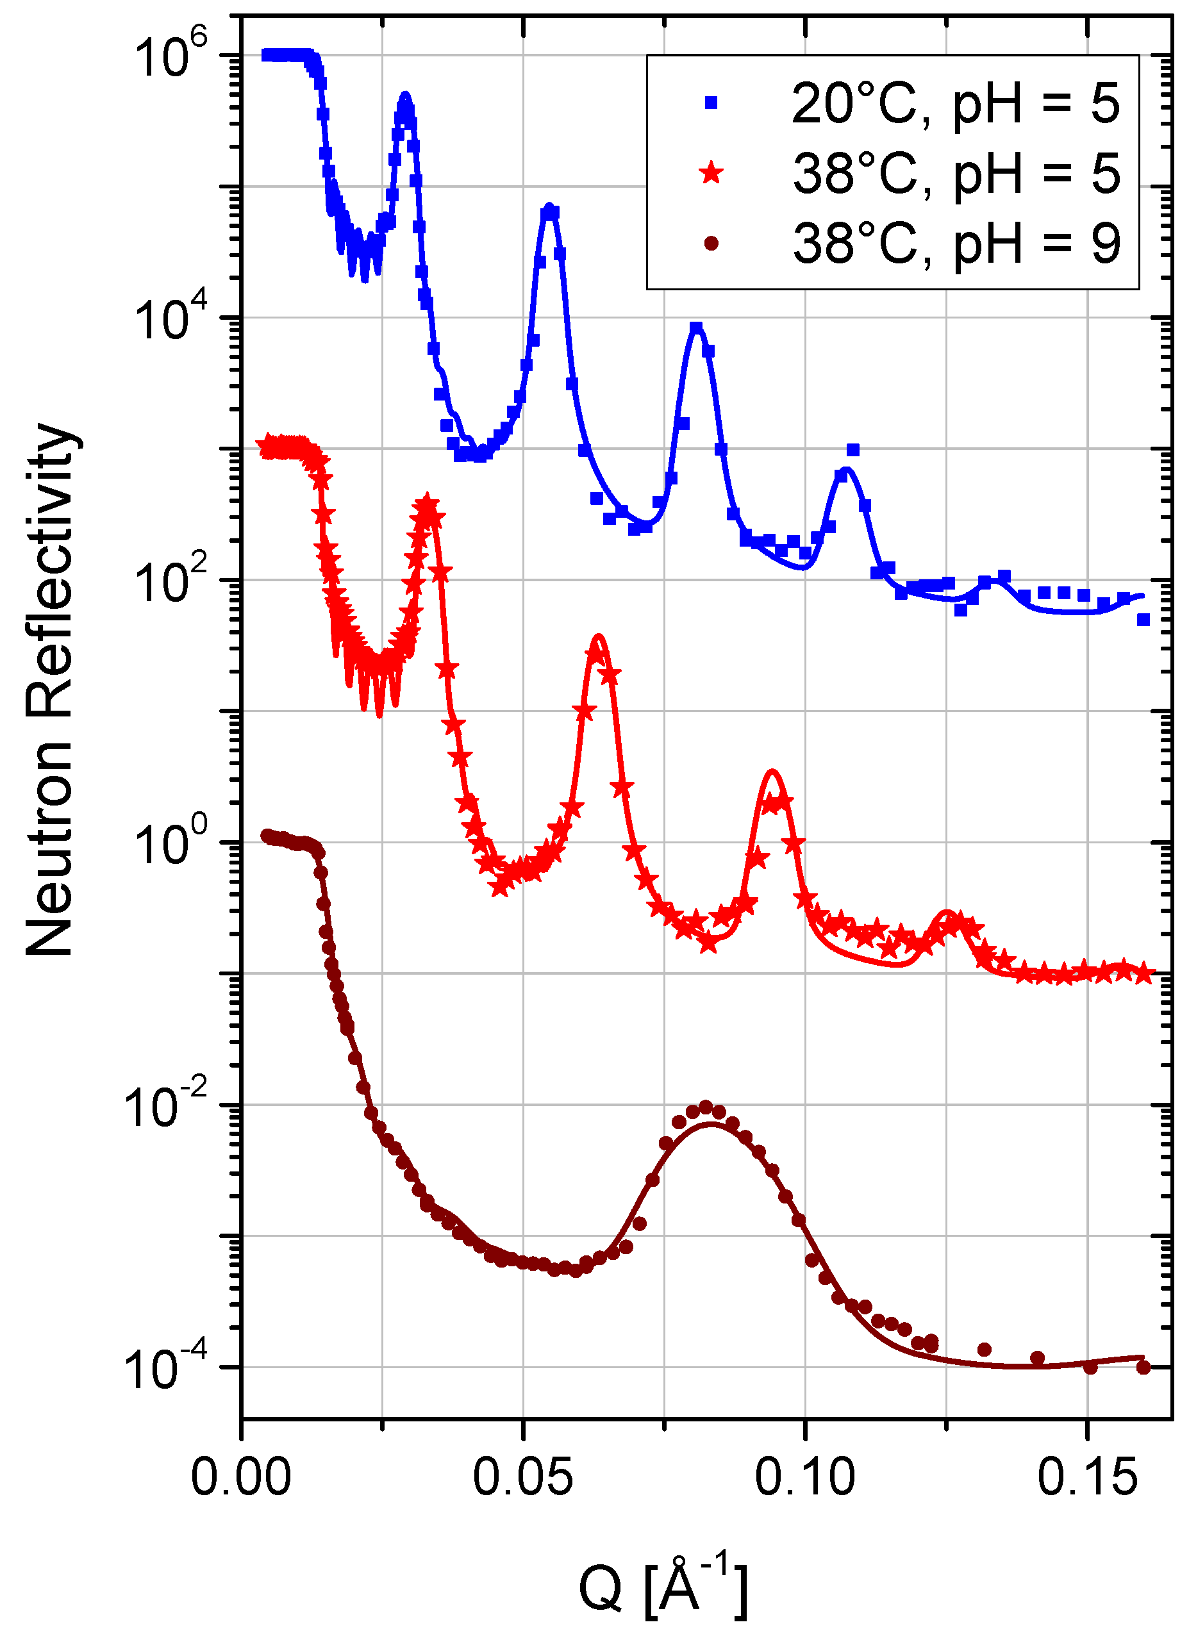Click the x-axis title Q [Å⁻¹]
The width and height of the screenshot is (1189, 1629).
[x=663, y=1586]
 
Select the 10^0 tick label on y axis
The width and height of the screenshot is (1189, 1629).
[x=170, y=844]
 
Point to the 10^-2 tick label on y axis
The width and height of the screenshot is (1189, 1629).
[x=165, y=1107]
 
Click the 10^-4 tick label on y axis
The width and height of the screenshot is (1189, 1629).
[x=165, y=1369]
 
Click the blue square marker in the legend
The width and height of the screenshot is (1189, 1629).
[x=711, y=103]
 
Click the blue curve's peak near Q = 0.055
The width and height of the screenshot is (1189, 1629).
[x=550, y=209]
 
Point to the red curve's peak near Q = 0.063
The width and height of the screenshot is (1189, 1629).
[x=598, y=638]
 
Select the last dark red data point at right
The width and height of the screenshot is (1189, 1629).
[x=1143, y=1367]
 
